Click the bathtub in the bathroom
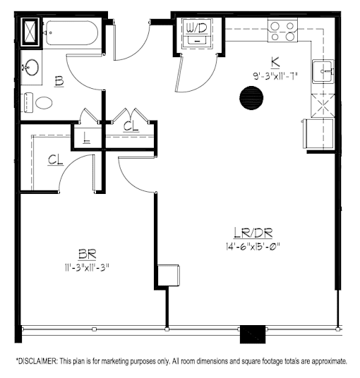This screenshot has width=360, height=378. click(72, 33)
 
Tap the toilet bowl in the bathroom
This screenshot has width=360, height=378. click(44, 103)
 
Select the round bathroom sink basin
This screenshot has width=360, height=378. click(31, 67)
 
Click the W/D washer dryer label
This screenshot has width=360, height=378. click(197, 29)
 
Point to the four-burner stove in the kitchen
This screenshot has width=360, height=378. click(282, 31)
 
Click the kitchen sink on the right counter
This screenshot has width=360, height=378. click(323, 71)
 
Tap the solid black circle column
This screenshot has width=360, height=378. click(251, 98)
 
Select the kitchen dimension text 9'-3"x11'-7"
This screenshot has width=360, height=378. click(275, 76)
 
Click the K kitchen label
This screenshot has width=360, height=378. click(275, 63)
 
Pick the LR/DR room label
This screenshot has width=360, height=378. click(253, 233)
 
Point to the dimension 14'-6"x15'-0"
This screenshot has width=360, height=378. click(253, 247)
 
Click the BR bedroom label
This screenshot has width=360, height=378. click(87, 255)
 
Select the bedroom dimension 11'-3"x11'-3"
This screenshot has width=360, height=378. click(87, 267)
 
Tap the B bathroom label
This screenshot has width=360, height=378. click(59, 81)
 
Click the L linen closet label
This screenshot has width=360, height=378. click(86, 138)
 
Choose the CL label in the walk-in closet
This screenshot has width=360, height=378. click(56, 160)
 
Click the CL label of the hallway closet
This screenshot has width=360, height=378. click(131, 126)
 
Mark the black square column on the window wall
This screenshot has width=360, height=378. click(253, 334)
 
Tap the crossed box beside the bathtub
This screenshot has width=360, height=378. click(30, 32)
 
